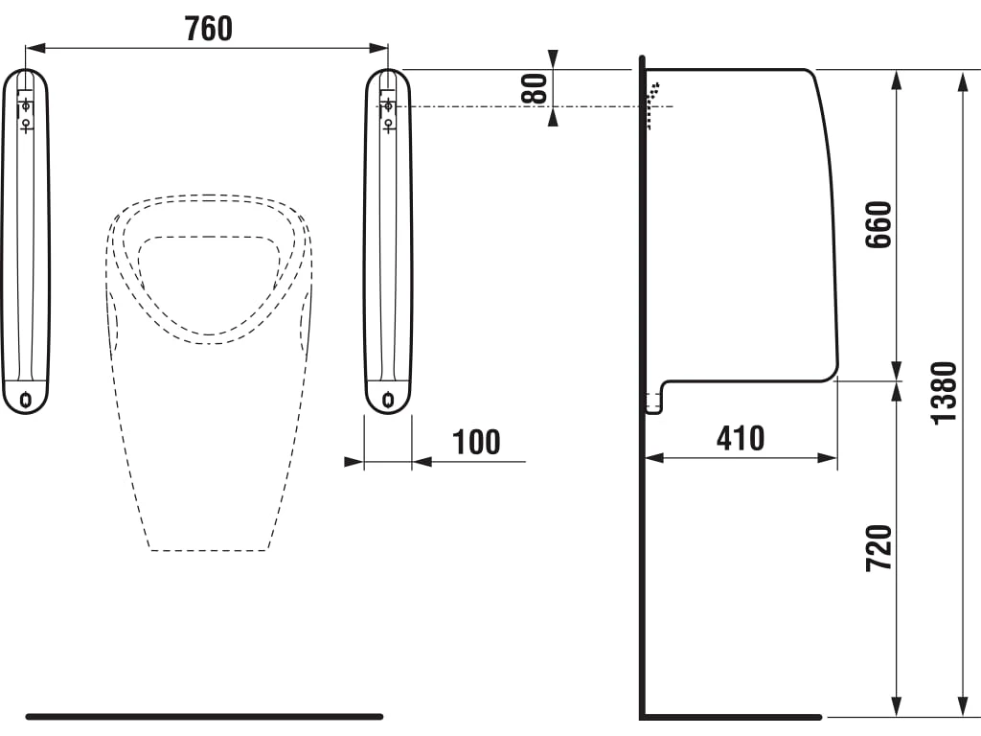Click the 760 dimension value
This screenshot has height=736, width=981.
[x=208, y=29]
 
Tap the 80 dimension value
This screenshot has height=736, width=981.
[x=535, y=88]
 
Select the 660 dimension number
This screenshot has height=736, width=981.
[x=878, y=224]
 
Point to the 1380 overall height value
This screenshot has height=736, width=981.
[x=944, y=394]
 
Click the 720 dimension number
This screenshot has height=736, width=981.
[x=878, y=547]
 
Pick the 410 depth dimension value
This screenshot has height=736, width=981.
[x=741, y=439]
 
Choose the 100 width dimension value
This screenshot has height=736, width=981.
[x=476, y=443]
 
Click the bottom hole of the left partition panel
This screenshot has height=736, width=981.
[x=26, y=399]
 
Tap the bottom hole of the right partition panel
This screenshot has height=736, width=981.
[x=389, y=399]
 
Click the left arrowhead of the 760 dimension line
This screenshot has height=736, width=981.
[x=35, y=48]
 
